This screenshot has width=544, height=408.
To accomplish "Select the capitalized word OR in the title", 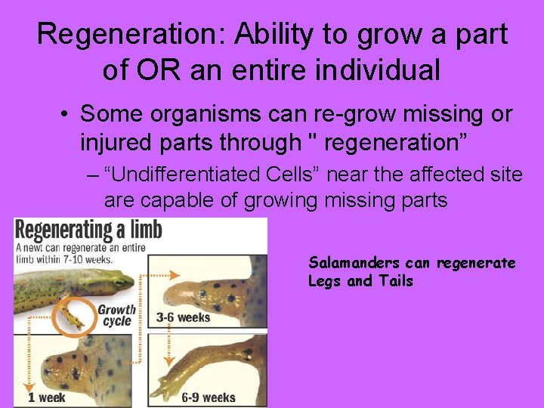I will click(x=157, y=70).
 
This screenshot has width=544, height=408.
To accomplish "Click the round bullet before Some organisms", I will click(x=66, y=115).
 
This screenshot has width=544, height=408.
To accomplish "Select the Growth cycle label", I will click(x=116, y=314).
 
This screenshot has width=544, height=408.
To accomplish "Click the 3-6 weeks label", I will click(x=183, y=317).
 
